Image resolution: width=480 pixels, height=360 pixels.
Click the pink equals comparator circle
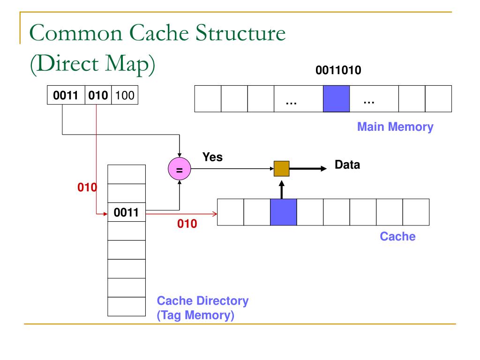179,170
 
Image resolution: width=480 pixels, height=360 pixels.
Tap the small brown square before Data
282,168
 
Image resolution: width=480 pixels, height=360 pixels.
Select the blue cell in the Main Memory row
336,98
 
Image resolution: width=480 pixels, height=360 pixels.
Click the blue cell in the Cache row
283,212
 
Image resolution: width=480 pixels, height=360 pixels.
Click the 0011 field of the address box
66,97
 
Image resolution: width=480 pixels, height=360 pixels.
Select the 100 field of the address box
125,97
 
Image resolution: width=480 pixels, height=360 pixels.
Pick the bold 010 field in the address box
97,97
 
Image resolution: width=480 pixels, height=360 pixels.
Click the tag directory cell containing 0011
127,213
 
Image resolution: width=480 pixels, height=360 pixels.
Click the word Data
347,165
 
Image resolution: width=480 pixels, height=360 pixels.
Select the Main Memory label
395,127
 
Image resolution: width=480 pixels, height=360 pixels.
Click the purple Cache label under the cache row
397,236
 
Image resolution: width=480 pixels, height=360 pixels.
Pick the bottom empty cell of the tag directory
127,307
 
